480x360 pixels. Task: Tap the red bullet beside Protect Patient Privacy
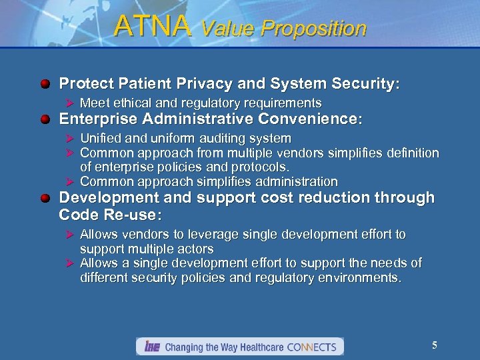coord(45,85)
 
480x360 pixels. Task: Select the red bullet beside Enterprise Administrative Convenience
coord(45,120)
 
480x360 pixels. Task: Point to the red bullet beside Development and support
coord(45,199)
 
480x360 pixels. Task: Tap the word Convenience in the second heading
coord(312,119)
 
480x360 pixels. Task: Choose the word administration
coord(297,181)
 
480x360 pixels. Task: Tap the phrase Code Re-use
coord(110,215)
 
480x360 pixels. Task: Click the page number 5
coord(435,345)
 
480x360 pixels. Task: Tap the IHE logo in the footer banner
coord(151,347)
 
